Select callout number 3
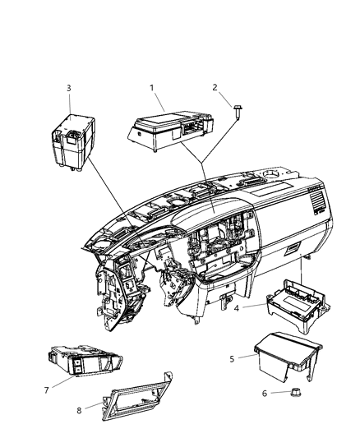69,88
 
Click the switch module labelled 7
85,361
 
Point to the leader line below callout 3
70,104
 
